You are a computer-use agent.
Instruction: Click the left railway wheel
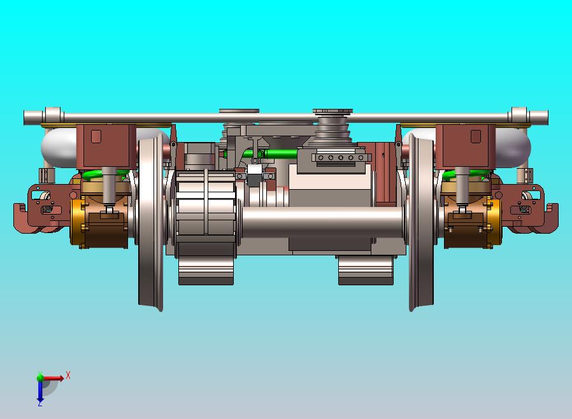coord(150,222)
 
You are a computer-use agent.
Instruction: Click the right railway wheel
coord(421,222)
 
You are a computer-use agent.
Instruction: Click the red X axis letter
coord(68,375)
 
